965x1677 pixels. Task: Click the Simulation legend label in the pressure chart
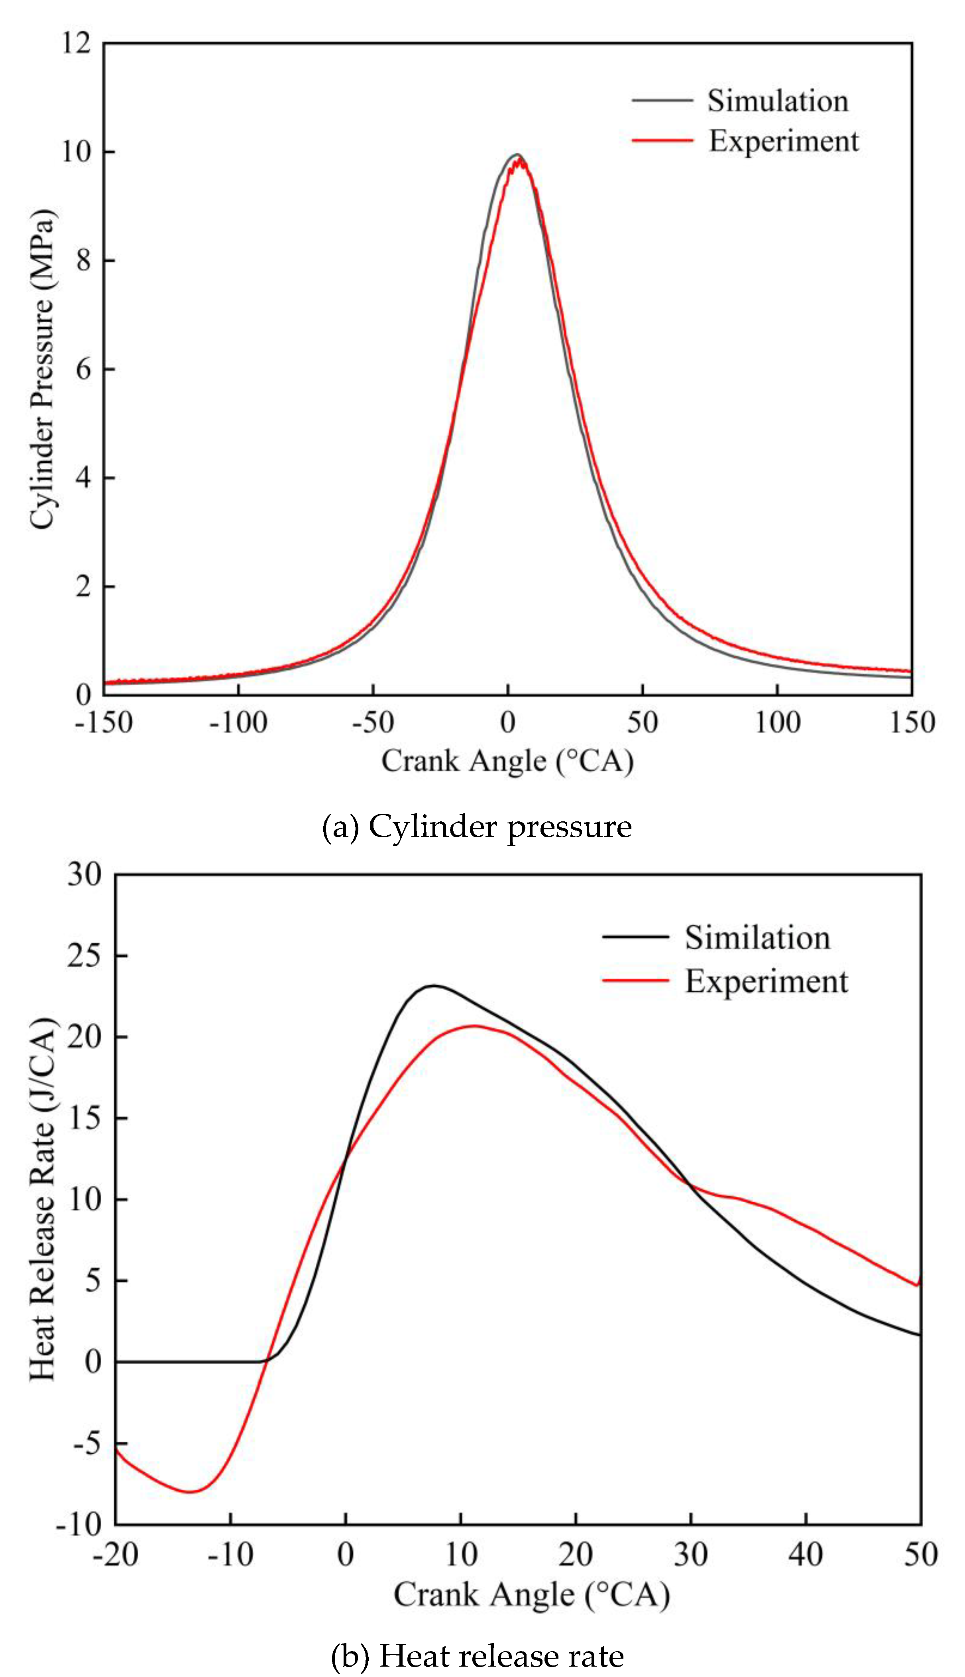tap(777, 101)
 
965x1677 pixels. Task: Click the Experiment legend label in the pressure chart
tap(783, 141)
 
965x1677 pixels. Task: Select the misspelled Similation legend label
tap(757, 938)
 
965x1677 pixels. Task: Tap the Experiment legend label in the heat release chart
tap(766, 981)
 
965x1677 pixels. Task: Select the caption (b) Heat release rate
tap(477, 1656)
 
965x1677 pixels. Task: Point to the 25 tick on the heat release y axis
tap(84, 955)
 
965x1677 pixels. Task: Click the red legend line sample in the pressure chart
tap(661, 140)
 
